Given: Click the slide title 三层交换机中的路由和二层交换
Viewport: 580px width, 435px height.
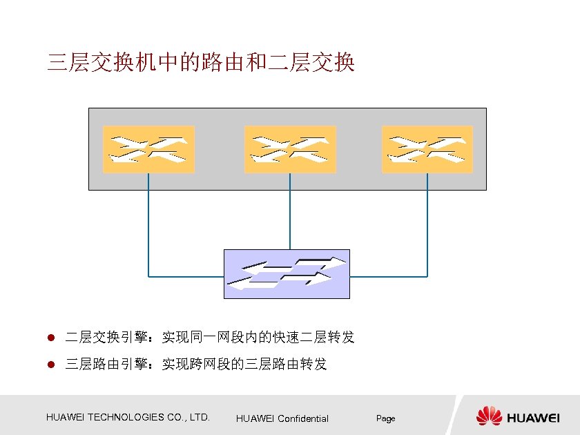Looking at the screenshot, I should click(x=200, y=63).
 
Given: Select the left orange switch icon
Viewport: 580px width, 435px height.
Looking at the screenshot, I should click(x=148, y=149).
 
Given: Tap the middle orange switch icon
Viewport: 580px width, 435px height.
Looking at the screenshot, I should click(x=290, y=149).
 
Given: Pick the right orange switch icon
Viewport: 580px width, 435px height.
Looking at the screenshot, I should click(x=427, y=149).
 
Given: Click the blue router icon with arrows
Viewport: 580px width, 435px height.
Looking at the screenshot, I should click(x=287, y=273).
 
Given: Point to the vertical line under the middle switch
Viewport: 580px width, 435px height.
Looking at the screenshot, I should click(x=290, y=211).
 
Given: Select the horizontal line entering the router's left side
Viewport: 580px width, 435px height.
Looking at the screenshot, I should click(x=186, y=276).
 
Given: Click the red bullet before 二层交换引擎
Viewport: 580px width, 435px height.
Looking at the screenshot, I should click(x=50, y=338).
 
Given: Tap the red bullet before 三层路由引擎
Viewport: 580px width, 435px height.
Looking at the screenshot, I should click(x=50, y=365).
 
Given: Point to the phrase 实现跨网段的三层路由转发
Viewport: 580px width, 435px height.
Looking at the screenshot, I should click(x=244, y=364).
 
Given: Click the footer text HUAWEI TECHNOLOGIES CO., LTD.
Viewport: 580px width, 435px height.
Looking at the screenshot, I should click(x=128, y=417).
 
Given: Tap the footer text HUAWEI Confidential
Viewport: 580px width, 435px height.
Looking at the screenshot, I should click(x=282, y=418).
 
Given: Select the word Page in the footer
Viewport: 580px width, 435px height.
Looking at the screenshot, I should click(x=385, y=418).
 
